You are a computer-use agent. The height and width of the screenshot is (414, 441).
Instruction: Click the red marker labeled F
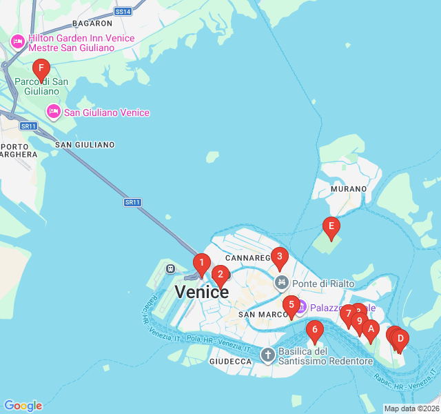[x=41, y=68]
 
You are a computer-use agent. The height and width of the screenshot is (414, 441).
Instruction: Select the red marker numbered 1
[x=201, y=263]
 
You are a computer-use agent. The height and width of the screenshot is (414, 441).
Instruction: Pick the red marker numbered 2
[x=220, y=275]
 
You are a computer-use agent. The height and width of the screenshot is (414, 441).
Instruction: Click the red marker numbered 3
[x=278, y=257]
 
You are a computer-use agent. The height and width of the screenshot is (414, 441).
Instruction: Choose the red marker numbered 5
[x=291, y=304]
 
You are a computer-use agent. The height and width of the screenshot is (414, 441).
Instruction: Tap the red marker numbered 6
[x=314, y=330]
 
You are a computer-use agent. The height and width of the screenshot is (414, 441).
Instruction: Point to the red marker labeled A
[x=371, y=329]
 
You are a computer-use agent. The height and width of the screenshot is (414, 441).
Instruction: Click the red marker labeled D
[x=400, y=338]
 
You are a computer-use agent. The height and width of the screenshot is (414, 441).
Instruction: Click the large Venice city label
[x=201, y=292]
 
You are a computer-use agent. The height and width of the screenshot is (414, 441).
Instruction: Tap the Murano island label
[x=344, y=188]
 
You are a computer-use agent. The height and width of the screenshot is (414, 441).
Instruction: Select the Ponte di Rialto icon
[x=281, y=283]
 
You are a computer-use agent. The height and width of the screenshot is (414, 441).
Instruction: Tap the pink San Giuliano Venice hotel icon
[x=53, y=112]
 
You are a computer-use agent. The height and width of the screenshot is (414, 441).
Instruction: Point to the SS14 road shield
[x=123, y=12]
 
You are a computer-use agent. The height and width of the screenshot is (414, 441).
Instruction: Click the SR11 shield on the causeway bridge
[x=132, y=202]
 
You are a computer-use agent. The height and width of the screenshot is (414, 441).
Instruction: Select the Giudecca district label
[x=230, y=362]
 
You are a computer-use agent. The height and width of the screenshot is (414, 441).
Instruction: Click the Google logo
[x=23, y=406]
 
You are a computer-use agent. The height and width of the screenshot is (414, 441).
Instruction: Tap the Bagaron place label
[x=92, y=23]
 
